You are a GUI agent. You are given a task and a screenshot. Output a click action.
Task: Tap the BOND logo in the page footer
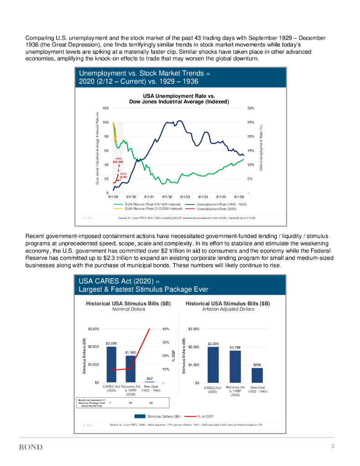(30, 447)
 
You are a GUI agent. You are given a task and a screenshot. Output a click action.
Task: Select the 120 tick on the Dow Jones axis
(105, 108)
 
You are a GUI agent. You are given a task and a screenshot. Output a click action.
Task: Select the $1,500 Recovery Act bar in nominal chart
(131, 369)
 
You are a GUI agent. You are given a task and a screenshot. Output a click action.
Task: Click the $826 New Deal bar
(257, 375)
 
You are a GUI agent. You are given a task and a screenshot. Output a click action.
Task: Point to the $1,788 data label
(235, 347)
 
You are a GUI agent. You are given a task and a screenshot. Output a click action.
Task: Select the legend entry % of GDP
(206, 416)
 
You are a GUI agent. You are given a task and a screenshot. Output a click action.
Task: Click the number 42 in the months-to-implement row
(150, 403)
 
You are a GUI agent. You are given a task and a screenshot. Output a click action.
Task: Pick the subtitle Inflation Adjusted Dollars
(228, 309)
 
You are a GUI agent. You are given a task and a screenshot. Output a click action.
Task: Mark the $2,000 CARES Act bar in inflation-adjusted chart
(213, 365)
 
